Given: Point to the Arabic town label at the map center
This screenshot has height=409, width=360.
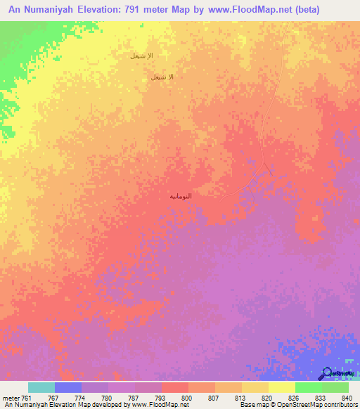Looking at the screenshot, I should pos(181,196).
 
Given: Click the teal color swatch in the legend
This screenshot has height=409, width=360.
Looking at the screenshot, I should pos(41,387).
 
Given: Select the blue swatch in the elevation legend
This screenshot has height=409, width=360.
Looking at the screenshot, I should pos(68,387).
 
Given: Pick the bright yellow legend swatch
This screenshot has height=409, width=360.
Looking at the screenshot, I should pos(281,387).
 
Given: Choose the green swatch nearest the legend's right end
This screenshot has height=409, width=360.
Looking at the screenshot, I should pos(335,387).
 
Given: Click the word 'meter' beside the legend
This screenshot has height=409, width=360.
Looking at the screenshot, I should pos(10,397).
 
